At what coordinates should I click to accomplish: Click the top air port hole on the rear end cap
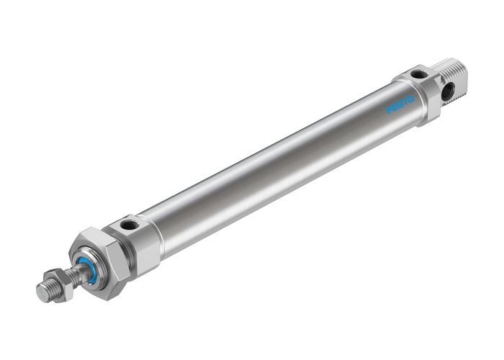pos(418,74)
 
